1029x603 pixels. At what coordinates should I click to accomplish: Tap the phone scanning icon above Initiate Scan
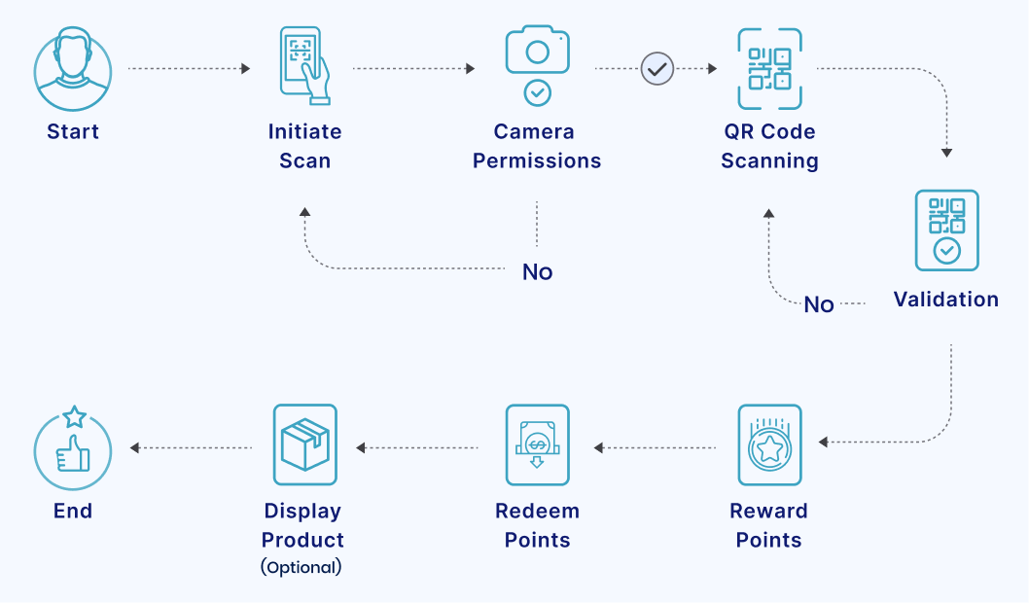(304, 65)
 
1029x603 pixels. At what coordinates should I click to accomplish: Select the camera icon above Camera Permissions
(537, 51)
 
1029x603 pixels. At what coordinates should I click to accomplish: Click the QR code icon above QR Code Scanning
(769, 68)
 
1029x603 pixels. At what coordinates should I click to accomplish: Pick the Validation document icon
(946, 230)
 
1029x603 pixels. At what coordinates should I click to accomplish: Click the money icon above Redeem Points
(537, 445)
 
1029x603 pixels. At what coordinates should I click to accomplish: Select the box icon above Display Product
(304, 445)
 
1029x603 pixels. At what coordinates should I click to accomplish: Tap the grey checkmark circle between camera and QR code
(657, 69)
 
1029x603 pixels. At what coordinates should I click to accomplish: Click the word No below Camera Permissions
(537, 272)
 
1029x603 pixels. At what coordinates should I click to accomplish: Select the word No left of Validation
(819, 304)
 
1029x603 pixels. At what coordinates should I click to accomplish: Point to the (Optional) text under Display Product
(302, 567)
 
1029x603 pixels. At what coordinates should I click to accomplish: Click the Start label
(73, 131)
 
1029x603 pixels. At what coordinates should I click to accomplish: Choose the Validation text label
(946, 300)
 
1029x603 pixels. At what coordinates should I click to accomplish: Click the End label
(73, 511)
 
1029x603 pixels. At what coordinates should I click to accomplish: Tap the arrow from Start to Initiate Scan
(190, 69)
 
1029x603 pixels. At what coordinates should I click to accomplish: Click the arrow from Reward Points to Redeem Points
(656, 448)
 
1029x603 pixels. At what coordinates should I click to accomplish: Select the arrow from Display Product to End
(192, 448)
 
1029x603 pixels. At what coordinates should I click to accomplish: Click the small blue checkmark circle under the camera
(537, 93)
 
